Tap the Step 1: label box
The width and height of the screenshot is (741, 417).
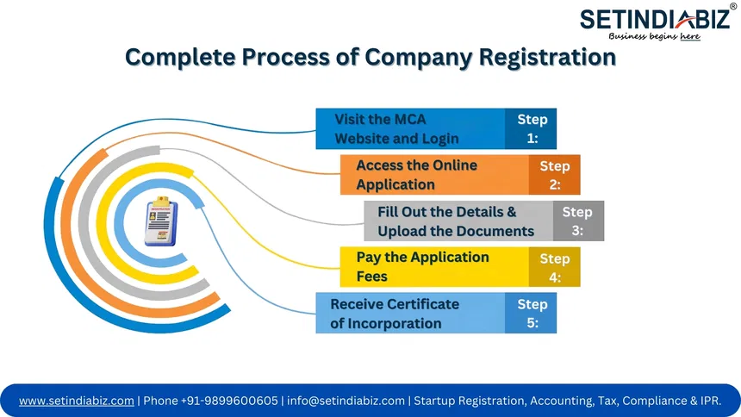[532, 128]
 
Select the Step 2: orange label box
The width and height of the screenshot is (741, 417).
[555, 175]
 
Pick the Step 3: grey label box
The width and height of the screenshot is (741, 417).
[577, 221]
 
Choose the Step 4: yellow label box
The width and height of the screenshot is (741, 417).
[555, 267]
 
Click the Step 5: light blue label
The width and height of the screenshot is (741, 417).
[532, 313]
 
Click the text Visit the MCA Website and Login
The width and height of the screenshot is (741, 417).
[396, 128]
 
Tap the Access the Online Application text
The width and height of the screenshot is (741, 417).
[416, 175]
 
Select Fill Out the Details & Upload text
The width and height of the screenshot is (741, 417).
[455, 221]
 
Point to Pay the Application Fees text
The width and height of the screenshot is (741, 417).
[422, 267]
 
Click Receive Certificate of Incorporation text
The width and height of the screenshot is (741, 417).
[395, 313]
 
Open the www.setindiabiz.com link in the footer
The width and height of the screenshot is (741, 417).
[76, 401]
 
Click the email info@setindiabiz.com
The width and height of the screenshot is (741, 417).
[346, 401]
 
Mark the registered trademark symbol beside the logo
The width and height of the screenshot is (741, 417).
[733, 6]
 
